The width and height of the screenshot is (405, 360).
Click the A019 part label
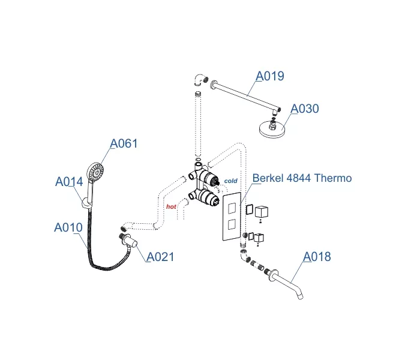pyautogui.click(x=270, y=76)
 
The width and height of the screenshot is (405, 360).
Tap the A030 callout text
pyautogui.click(x=305, y=109)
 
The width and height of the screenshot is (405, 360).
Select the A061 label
pyautogui.click(x=124, y=143)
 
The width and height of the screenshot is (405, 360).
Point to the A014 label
pyautogui.click(x=70, y=181)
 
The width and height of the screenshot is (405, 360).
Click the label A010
pyautogui.click(x=68, y=227)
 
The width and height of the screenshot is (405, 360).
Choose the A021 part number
pyautogui.click(x=160, y=257)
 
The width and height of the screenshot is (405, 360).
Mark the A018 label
pyautogui.click(x=316, y=257)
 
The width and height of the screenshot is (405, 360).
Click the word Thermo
pyautogui.click(x=332, y=178)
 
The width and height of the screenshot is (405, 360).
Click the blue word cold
pyautogui.click(x=231, y=181)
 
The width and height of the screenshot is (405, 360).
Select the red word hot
pyautogui.click(x=171, y=206)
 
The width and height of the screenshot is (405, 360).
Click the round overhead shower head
pyautogui.click(x=274, y=130)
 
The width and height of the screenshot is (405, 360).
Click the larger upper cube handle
pyautogui.click(x=262, y=212)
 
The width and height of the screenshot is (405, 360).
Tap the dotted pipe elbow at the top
pyautogui.click(x=199, y=80)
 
